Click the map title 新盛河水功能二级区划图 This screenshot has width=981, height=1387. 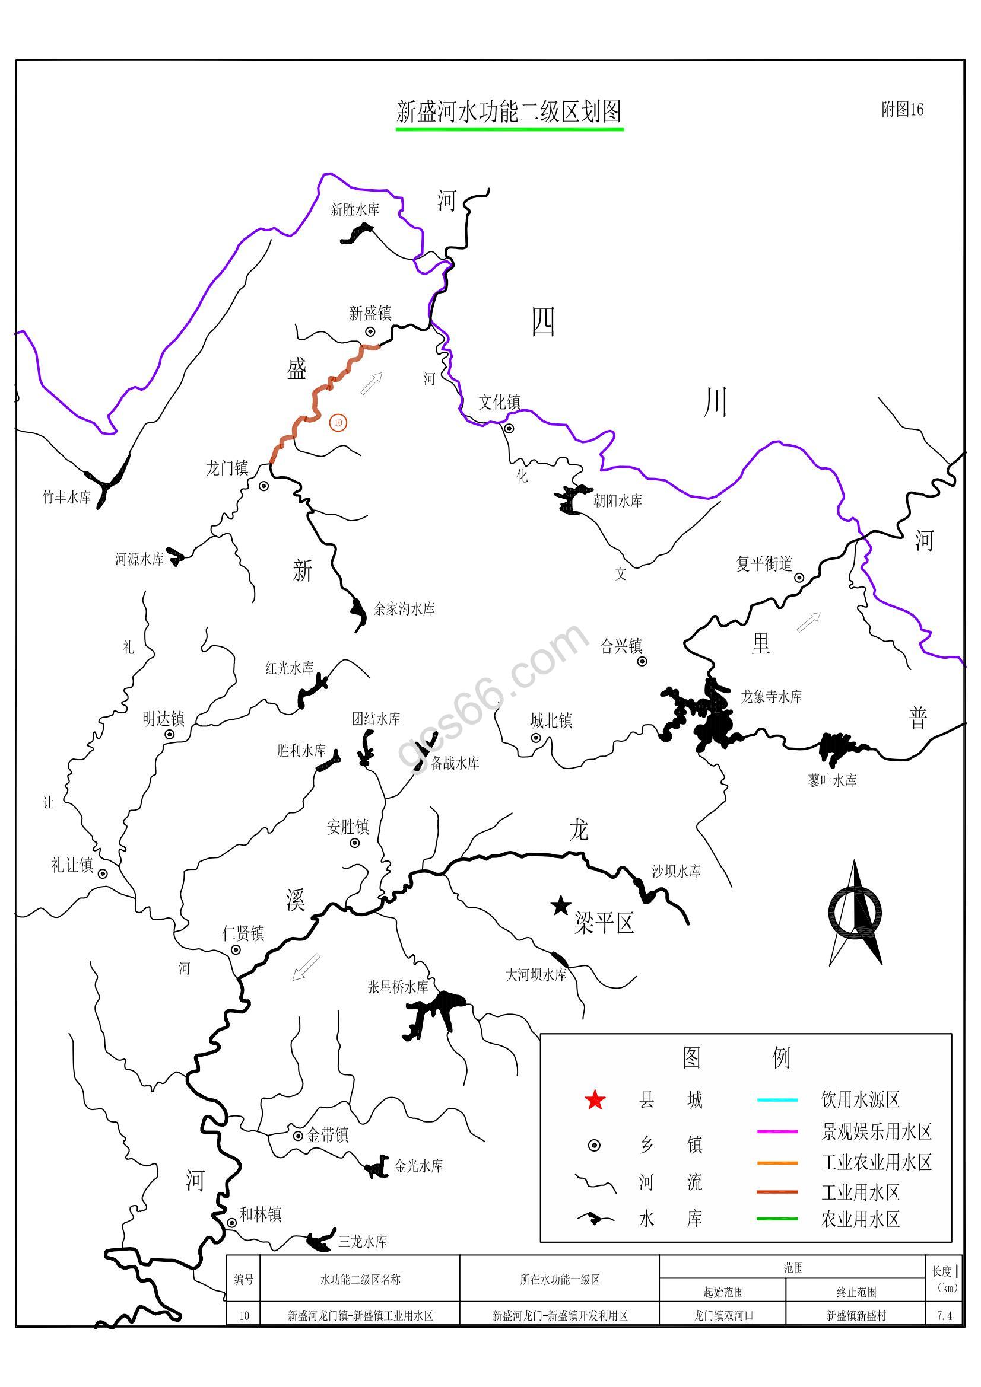coord(509,111)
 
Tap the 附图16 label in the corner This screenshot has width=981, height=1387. coord(902,109)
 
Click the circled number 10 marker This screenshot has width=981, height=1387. coord(338,423)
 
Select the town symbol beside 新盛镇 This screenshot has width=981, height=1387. coord(370,331)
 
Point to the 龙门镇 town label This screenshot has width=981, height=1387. coord(227,468)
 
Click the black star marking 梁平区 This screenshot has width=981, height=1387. coord(561,905)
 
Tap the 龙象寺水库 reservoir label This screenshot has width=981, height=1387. coord(772,697)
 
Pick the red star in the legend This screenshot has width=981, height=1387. coord(595,1100)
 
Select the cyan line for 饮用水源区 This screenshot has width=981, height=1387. coord(777,1100)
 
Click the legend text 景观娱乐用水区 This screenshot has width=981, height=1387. coord(877,1131)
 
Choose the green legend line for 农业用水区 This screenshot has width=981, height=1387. coord(777,1219)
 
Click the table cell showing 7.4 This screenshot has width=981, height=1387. coord(944,1316)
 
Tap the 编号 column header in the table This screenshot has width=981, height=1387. coord(243,1280)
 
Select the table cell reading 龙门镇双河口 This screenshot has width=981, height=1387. coord(723,1316)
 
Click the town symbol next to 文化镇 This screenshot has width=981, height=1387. coord(510,428)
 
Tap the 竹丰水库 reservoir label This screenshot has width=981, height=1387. coord(66,497)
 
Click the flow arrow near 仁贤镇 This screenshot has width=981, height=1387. coord(306,967)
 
